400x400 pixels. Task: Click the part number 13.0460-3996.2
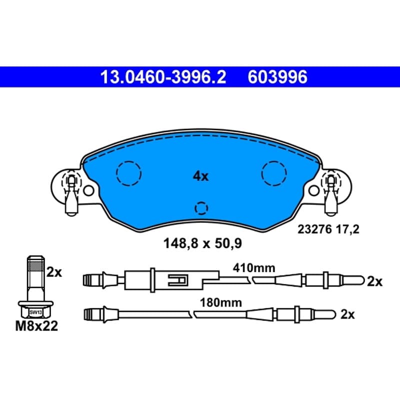163,77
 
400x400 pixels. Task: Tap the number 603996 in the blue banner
277,77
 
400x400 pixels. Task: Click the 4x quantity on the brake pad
200,176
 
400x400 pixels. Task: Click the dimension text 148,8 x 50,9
202,243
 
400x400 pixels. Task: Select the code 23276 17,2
328,229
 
